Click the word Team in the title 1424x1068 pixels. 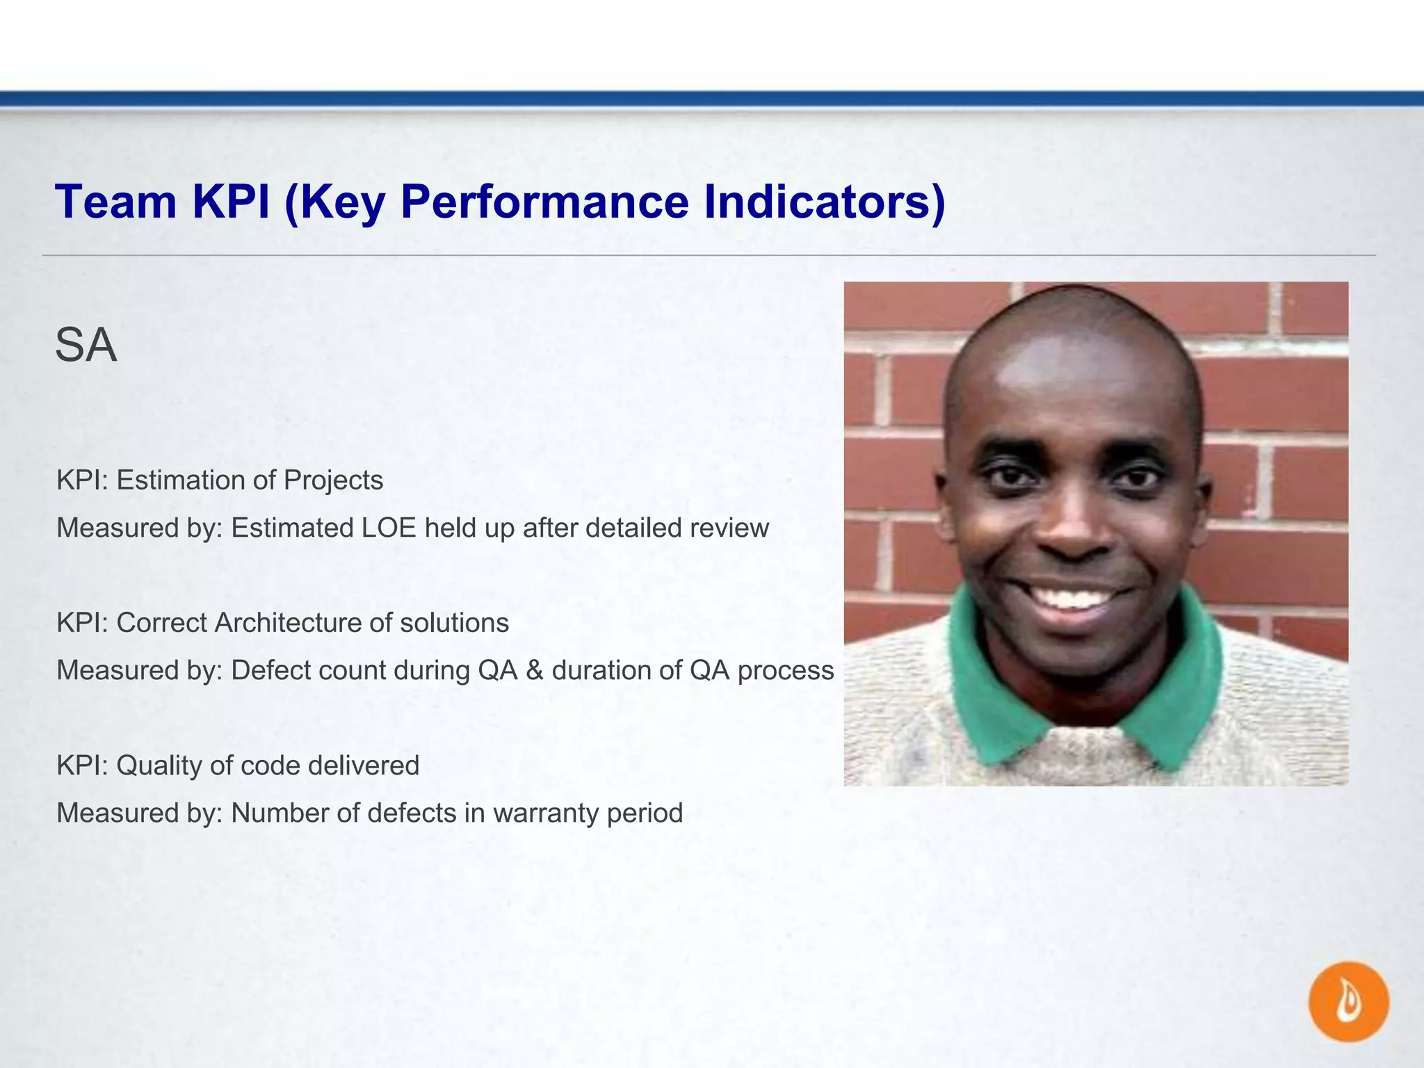coord(116,202)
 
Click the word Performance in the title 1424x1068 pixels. coord(544,202)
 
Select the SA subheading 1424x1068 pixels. coord(86,346)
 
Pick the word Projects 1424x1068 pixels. coord(333,480)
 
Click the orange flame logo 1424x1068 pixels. coord(1348,1002)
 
